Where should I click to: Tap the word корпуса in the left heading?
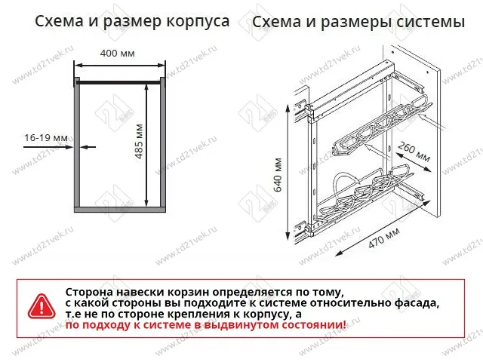coord(197,22)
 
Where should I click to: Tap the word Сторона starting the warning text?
coord(92,291)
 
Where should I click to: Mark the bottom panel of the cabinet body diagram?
coord(118,208)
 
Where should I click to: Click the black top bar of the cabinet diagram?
coord(118,78)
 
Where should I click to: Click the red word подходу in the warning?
coord(109,325)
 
